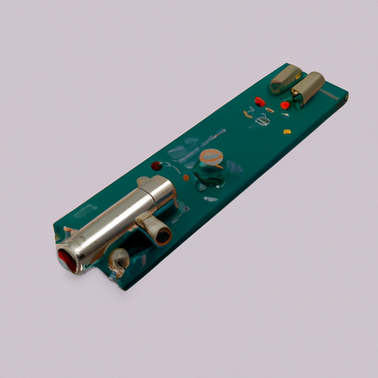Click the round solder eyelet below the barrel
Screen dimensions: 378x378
(118, 259)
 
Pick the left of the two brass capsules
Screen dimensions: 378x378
(286, 79)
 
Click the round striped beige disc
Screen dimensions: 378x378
(212, 157)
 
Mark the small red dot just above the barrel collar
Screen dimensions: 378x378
(155, 167)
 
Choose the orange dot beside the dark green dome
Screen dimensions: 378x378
(186, 177)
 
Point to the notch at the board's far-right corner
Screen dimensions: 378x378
(344, 97)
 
